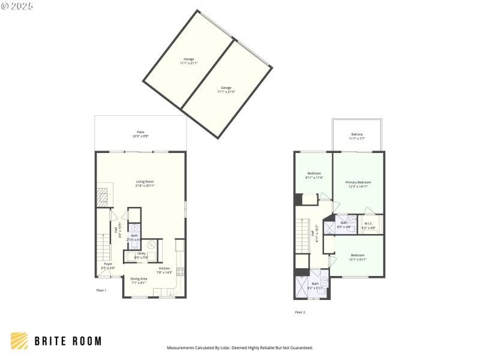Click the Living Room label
click(x=145, y=184)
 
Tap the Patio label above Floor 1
click(x=140, y=134)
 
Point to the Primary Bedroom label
click(x=358, y=184)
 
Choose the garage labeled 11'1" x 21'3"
click(x=226, y=89)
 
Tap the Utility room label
click(x=142, y=256)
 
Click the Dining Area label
click(x=140, y=280)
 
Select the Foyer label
click(x=108, y=265)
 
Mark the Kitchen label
click(x=164, y=270)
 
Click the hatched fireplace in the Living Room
click(x=103, y=197)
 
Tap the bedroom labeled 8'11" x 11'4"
click(x=314, y=175)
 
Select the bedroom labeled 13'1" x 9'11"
click(x=358, y=257)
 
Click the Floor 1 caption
click(x=101, y=290)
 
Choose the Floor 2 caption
click(x=300, y=312)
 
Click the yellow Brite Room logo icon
click(x=19, y=341)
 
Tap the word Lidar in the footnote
click(x=227, y=347)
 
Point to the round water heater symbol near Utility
click(x=151, y=245)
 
